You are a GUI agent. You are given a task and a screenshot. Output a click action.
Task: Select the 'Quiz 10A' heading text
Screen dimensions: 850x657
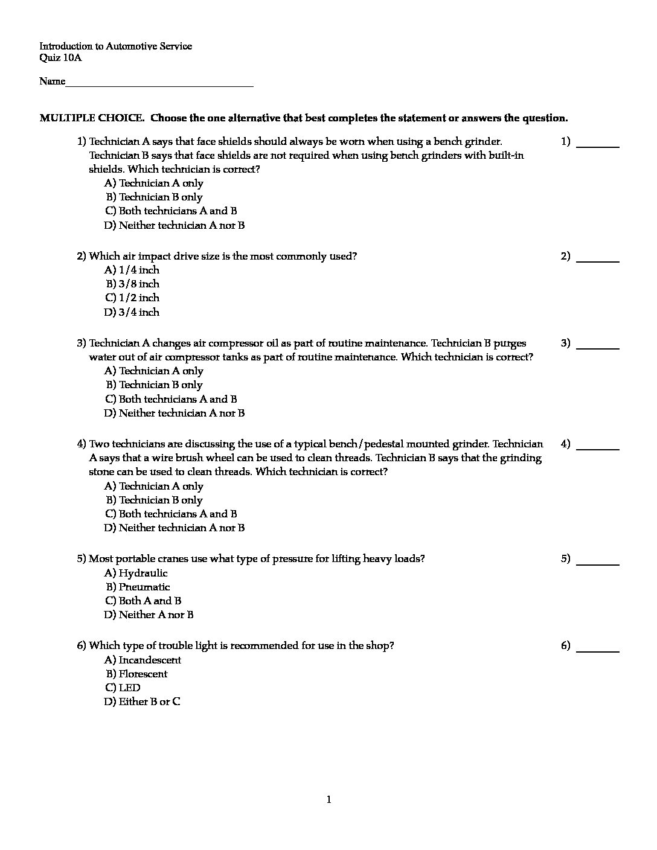coord(60,58)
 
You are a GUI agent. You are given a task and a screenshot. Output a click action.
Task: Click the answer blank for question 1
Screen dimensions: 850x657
coord(598,143)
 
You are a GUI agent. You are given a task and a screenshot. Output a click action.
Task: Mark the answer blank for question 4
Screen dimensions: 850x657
coord(598,446)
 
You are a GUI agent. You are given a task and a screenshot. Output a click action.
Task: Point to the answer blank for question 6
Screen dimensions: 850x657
coord(598,647)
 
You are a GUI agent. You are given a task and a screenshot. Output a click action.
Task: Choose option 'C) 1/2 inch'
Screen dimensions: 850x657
coord(132,298)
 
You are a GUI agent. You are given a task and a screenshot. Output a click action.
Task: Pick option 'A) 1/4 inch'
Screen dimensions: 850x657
coord(132,270)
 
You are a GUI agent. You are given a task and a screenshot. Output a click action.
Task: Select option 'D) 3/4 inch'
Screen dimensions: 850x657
coord(132,312)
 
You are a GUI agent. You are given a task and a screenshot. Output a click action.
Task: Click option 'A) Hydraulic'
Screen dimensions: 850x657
coord(136,573)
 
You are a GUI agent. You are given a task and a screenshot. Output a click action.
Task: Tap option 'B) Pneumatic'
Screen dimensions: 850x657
coord(138,587)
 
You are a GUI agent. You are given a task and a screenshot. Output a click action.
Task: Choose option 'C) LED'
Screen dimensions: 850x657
coord(123,688)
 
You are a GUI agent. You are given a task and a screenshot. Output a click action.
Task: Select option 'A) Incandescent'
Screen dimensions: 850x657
coord(143,660)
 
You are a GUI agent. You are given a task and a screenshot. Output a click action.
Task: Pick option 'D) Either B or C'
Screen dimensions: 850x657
coord(142,701)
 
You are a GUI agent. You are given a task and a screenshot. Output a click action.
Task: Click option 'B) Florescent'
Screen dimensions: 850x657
coord(136,674)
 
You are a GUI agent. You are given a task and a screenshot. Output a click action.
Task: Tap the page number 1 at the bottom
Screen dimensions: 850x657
coord(328,800)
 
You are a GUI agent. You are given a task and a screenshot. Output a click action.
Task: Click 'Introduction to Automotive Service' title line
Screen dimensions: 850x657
coord(115,46)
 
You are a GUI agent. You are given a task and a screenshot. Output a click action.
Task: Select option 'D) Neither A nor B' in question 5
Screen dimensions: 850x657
coord(149,615)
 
